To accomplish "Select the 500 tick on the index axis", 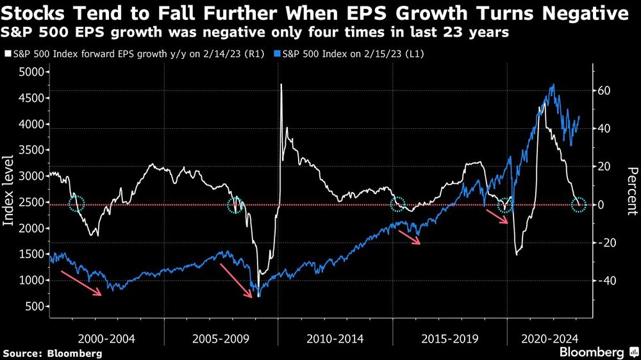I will click(x=36, y=307).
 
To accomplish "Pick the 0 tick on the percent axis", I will click(x=601, y=205).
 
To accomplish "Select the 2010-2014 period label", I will click(x=335, y=338).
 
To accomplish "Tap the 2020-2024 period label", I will click(x=549, y=338).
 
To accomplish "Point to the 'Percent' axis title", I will click(x=632, y=190).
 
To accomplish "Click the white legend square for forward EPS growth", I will click(x=7, y=54).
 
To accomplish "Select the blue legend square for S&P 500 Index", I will click(x=279, y=54).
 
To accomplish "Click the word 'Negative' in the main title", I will click(x=576, y=13).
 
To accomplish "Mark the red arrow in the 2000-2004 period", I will click(x=81, y=283).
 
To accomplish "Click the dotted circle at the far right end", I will click(x=579, y=205).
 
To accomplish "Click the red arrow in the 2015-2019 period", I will click(x=409, y=237).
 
